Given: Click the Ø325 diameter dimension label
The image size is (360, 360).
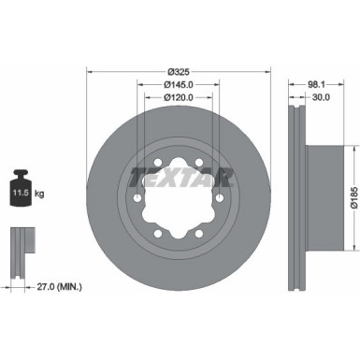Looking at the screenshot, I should (180, 71).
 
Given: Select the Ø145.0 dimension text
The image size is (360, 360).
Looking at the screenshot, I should (180, 83).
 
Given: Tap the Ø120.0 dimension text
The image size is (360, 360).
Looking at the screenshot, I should (180, 95).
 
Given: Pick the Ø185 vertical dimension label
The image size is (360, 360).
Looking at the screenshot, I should (353, 197).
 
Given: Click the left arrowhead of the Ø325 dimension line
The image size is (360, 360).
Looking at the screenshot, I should (90, 71).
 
